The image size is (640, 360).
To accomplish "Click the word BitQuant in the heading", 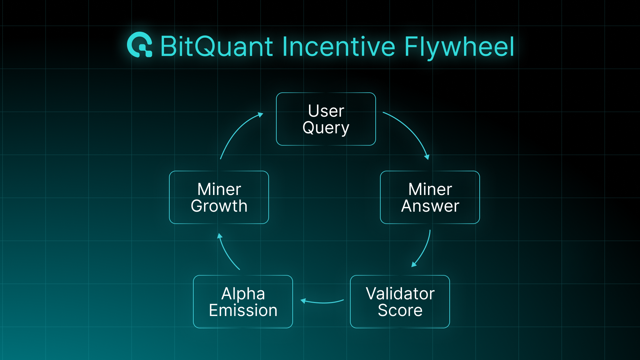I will point(217,47).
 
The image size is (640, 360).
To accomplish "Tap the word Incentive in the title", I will point(339,47).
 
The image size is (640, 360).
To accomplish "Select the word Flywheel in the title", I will point(459,47).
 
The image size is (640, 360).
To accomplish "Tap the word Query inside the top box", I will point(326,128).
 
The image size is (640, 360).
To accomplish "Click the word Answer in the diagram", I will point(430,206).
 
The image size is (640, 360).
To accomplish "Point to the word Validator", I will point(400,294).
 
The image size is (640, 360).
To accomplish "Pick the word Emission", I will point(243,310).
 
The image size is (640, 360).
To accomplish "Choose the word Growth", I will point(219,206).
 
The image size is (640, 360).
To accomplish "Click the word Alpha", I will point(243,294).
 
